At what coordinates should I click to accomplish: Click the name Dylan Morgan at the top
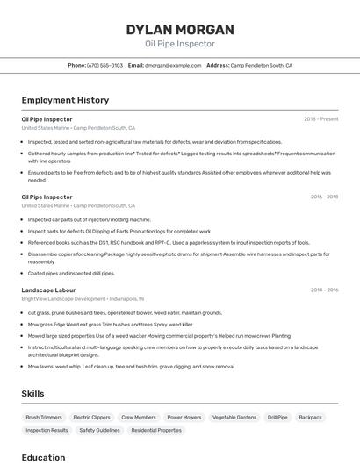tap(180, 30)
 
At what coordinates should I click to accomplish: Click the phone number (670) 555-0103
tap(105, 65)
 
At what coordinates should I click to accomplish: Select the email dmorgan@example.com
tap(173, 65)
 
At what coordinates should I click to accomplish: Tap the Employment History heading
tap(65, 100)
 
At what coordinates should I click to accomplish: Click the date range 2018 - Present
tap(321, 119)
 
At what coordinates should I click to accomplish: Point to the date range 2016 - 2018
tap(324, 197)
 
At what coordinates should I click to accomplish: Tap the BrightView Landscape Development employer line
tap(83, 299)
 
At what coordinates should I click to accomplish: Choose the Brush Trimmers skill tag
tap(44, 418)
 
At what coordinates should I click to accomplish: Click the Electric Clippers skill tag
tap(91, 418)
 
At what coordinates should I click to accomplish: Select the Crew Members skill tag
tap(139, 418)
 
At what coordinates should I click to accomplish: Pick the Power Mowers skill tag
tap(184, 418)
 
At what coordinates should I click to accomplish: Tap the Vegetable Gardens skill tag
tap(234, 418)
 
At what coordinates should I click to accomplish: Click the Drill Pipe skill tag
tap(277, 418)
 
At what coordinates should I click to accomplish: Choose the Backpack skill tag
tap(310, 418)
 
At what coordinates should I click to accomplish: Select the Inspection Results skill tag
tap(47, 431)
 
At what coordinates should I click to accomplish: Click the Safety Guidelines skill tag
tap(99, 431)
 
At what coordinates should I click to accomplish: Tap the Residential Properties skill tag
tap(156, 431)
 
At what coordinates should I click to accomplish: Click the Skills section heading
tap(32, 394)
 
